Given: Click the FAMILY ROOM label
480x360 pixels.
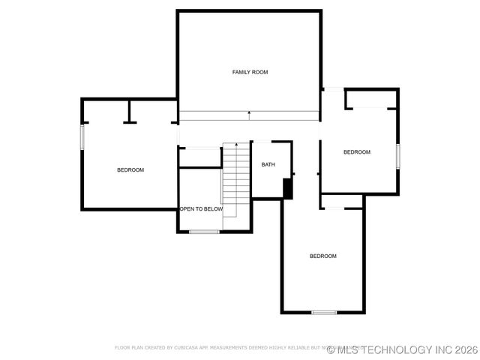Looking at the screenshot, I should tap(250, 72).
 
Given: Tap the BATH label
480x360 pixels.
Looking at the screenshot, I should tap(268, 164).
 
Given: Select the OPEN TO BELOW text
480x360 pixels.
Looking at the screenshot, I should tap(201, 209).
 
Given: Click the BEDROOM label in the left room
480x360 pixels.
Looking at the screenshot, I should tap(130, 170).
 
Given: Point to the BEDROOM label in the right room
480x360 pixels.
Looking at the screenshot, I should tap(357, 152).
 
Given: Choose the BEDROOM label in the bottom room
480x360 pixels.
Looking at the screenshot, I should tap(323, 256).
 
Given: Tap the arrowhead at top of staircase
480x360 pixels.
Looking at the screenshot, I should tap(236, 143).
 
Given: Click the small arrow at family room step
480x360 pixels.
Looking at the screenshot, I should tap(250, 113).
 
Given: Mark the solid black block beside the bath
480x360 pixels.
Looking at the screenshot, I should tap(287, 189).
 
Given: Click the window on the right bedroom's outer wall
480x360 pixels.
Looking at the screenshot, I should tap(398, 155).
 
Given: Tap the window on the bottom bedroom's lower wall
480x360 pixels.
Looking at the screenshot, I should tap(324, 312).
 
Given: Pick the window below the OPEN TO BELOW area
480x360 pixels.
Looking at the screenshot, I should tap(204, 232).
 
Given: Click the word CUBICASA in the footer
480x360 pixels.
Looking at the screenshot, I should tap(187, 348).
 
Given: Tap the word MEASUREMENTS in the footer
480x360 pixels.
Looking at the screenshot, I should tap(228, 348).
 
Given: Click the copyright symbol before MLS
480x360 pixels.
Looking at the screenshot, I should tap(331, 349).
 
